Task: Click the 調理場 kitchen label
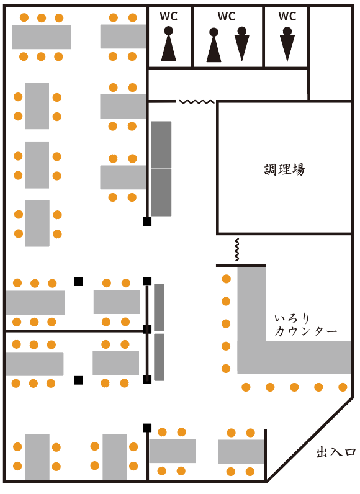pos(284,169)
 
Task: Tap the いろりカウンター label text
pos(305,325)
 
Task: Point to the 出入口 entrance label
pos(336,452)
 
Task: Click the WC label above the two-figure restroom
pos(227,16)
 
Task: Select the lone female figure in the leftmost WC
pos(168,43)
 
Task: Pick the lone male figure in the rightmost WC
pos(287,44)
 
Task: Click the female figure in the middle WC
pos(214,45)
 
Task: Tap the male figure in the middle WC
pos(242,44)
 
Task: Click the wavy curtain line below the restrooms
pos(197,102)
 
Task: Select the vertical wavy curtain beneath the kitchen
pos(237,249)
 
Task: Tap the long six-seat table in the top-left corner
pos(42,37)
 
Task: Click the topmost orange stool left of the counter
pos(227,279)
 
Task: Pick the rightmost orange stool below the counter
pos(343,387)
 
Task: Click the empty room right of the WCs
pos(331,53)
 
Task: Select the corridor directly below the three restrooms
pos(228,84)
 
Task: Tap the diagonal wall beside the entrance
pos(310,440)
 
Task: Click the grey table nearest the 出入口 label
pos(241,451)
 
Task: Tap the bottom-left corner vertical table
pos(37,457)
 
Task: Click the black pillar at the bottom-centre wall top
pos(147,428)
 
